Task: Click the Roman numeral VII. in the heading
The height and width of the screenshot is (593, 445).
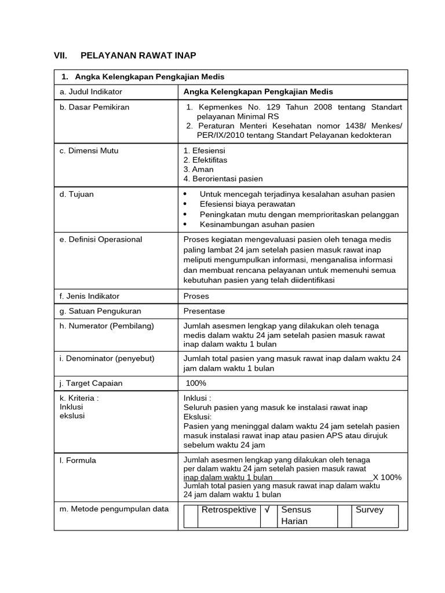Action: click(x=60, y=56)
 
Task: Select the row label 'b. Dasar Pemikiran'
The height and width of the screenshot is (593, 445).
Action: click(x=94, y=107)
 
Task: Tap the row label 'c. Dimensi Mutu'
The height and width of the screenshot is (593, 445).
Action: click(x=89, y=151)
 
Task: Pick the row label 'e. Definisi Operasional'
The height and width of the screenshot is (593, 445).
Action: click(x=100, y=239)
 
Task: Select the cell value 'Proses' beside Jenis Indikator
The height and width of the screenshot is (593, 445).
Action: click(x=196, y=296)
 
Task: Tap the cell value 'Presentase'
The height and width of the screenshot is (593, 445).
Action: click(x=204, y=311)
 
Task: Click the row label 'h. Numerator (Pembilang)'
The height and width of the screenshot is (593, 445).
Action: click(x=106, y=326)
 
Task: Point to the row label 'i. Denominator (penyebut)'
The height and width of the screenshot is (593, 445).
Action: click(x=107, y=358)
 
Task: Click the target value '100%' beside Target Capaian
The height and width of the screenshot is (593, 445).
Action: click(x=196, y=383)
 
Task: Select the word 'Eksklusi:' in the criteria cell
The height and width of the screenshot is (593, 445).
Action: click(x=198, y=417)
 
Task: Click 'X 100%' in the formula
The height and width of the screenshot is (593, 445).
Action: click(x=387, y=477)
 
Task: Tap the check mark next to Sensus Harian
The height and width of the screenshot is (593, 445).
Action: click(x=267, y=510)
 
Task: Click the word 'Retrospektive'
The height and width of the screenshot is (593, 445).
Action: click(x=228, y=510)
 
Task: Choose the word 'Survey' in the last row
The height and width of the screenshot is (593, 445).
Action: click(x=370, y=510)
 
